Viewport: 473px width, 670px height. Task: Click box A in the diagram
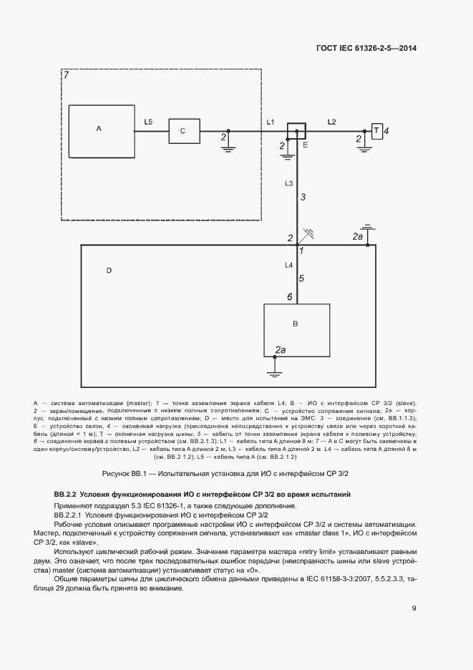pos(102,131)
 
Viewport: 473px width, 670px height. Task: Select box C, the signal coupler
pos(183,131)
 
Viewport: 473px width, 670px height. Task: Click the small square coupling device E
pos(296,131)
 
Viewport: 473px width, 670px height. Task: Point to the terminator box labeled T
pos(376,131)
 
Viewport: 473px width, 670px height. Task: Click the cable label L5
pos(148,122)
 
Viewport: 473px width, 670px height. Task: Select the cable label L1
pos(270,122)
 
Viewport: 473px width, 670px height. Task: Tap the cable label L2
pos(332,122)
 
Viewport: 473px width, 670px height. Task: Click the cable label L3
pos(288,184)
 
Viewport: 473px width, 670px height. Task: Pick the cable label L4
pos(288,266)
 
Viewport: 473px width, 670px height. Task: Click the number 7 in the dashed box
pos(66,76)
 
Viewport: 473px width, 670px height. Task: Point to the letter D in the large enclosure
pos(109,271)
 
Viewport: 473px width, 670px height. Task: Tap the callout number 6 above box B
pos(289,296)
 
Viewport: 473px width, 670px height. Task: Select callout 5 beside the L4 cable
pos(301,278)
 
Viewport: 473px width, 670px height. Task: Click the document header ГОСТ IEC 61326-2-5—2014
pos(366,48)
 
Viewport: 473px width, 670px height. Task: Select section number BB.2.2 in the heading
pos(66,495)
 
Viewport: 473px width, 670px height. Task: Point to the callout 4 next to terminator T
pos(386,131)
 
